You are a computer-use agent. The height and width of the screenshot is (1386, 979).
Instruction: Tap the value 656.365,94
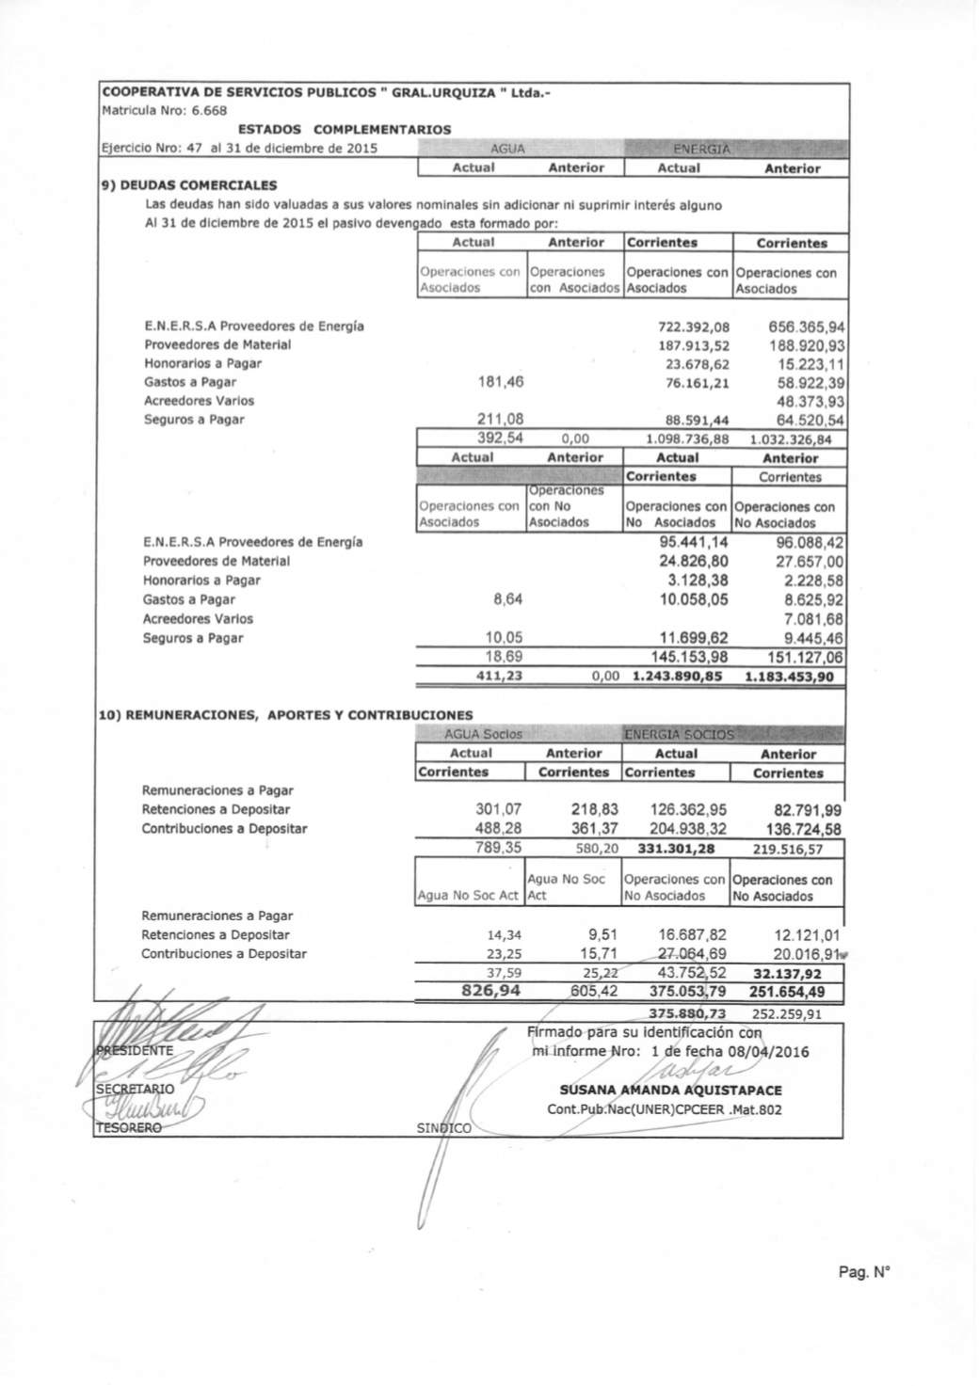point(806,327)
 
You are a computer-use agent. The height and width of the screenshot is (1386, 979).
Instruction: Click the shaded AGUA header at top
point(508,149)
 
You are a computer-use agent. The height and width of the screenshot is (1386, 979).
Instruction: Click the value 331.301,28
point(676,849)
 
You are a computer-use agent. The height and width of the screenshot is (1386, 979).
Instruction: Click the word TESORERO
point(129,1127)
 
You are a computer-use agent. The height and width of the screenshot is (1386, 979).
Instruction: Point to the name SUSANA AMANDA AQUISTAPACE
point(669,1091)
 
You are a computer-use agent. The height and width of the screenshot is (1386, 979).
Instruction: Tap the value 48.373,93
point(808,401)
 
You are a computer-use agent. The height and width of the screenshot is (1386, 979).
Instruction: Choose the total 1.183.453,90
point(789,677)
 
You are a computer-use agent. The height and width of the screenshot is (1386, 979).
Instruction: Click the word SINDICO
point(444,1127)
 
